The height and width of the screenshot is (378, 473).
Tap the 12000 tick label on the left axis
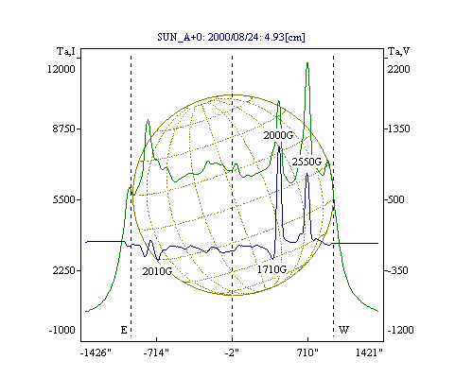coord(61,69)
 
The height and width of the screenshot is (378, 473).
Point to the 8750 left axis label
coord(64,129)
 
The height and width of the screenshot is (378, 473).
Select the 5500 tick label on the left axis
coord(64,199)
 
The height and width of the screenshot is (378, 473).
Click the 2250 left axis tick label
coord(64,270)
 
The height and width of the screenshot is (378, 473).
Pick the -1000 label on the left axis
coord(62,330)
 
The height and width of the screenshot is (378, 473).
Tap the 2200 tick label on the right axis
coord(398,69)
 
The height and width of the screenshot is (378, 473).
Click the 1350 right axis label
coord(398,129)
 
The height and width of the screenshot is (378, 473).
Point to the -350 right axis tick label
coord(397,270)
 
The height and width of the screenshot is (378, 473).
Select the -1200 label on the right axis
coord(400,330)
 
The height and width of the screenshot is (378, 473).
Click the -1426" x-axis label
coord(96,352)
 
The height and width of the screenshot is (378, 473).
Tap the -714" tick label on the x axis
coord(156,352)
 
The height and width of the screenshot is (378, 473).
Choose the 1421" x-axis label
coord(369,352)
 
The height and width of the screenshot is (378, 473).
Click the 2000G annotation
coord(278,135)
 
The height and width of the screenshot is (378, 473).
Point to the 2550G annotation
coord(307,162)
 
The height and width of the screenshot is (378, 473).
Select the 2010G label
coord(157,271)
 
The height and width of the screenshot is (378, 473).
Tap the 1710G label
coord(272,269)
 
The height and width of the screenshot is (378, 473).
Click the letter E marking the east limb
coord(124,330)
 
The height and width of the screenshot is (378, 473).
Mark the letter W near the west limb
coord(343,330)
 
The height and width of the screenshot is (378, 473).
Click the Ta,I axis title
coord(66,51)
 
